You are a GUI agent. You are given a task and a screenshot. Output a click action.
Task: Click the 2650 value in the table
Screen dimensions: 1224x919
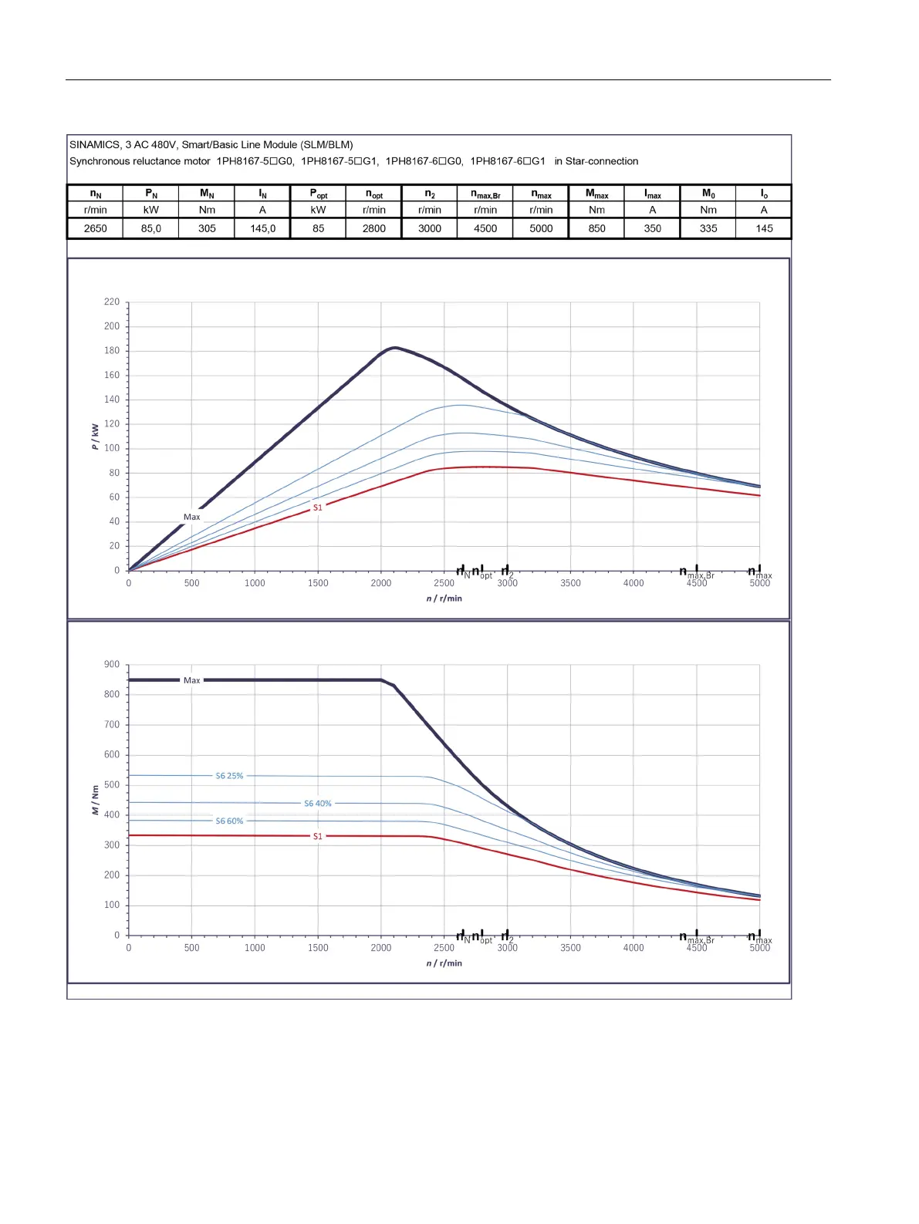click(x=95, y=228)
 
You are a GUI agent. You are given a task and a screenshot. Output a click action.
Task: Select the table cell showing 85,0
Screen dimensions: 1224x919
click(x=151, y=228)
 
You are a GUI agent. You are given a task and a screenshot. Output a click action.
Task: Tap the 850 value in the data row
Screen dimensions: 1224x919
click(x=596, y=228)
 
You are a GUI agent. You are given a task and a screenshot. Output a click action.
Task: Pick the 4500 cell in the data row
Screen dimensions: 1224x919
click(x=485, y=228)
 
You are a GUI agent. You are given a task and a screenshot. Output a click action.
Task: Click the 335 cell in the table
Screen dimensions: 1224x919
click(x=708, y=228)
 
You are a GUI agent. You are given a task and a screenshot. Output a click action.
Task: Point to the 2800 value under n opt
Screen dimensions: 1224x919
click(x=374, y=228)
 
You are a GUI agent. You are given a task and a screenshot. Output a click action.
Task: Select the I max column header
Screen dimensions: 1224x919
click(x=653, y=194)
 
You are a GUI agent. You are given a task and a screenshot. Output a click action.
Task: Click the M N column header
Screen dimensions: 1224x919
click(x=207, y=194)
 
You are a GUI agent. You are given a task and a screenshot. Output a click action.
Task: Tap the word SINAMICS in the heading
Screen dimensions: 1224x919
click(x=94, y=144)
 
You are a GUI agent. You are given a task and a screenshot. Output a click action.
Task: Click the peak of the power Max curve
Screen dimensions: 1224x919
click(x=394, y=348)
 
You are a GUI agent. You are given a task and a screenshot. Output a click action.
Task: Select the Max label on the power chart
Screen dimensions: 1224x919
click(x=191, y=517)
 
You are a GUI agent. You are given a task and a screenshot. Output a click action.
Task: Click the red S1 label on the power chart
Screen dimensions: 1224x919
click(x=317, y=507)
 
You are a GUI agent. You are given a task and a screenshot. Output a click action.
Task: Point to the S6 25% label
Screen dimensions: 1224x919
click(x=229, y=776)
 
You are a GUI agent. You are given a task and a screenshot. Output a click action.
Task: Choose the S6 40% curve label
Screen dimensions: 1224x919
click(x=317, y=804)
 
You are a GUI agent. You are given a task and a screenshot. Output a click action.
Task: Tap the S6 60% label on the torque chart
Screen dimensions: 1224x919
click(x=229, y=821)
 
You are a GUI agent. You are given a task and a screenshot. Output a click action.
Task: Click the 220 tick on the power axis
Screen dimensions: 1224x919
click(x=112, y=302)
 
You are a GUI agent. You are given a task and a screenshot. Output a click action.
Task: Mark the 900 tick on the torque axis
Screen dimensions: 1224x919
click(x=112, y=665)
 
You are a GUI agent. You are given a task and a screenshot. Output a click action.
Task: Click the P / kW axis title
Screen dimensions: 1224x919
click(x=95, y=436)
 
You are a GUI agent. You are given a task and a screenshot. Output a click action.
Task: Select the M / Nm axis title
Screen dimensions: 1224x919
click(x=95, y=800)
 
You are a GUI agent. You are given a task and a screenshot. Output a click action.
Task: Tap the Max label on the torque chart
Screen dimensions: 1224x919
click(x=191, y=680)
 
